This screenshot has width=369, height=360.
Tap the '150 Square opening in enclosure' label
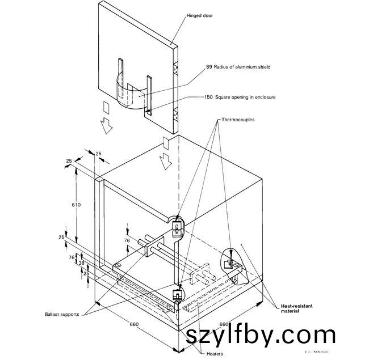point(240,97)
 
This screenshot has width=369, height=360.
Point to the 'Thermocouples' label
point(239,121)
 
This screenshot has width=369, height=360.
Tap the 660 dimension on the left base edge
point(134,324)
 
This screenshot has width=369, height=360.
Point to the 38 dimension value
point(81,264)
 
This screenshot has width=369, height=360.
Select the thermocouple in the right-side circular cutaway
point(232,262)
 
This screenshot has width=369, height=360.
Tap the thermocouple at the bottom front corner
point(177,295)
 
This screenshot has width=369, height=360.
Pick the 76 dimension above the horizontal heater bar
point(127,240)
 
